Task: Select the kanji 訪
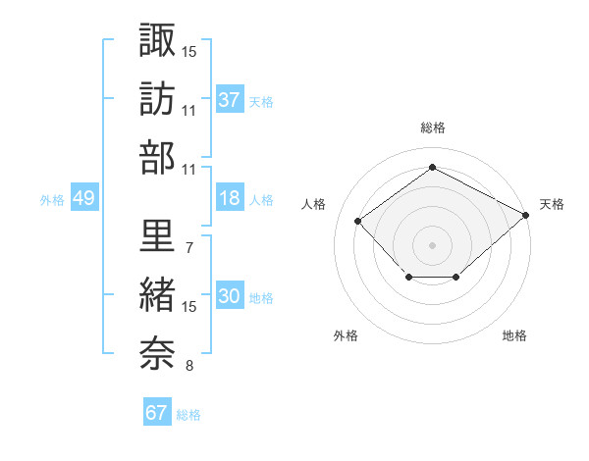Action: (x=157, y=98)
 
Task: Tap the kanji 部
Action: (x=157, y=158)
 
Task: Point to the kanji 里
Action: (x=157, y=235)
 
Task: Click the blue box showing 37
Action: (x=230, y=99)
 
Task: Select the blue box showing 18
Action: (x=230, y=198)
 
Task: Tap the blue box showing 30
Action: (x=230, y=296)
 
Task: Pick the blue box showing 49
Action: (x=83, y=198)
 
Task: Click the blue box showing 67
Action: (x=156, y=413)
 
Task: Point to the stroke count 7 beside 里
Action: (x=188, y=247)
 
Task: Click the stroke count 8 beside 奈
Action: (x=188, y=367)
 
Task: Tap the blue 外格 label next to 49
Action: (x=52, y=199)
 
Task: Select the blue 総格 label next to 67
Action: (x=188, y=414)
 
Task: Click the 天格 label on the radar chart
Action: (x=552, y=204)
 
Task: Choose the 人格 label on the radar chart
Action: (x=314, y=204)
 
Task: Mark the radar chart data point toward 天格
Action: (x=526, y=215)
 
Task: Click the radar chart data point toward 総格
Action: (x=432, y=167)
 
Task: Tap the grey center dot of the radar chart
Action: (x=432, y=244)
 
